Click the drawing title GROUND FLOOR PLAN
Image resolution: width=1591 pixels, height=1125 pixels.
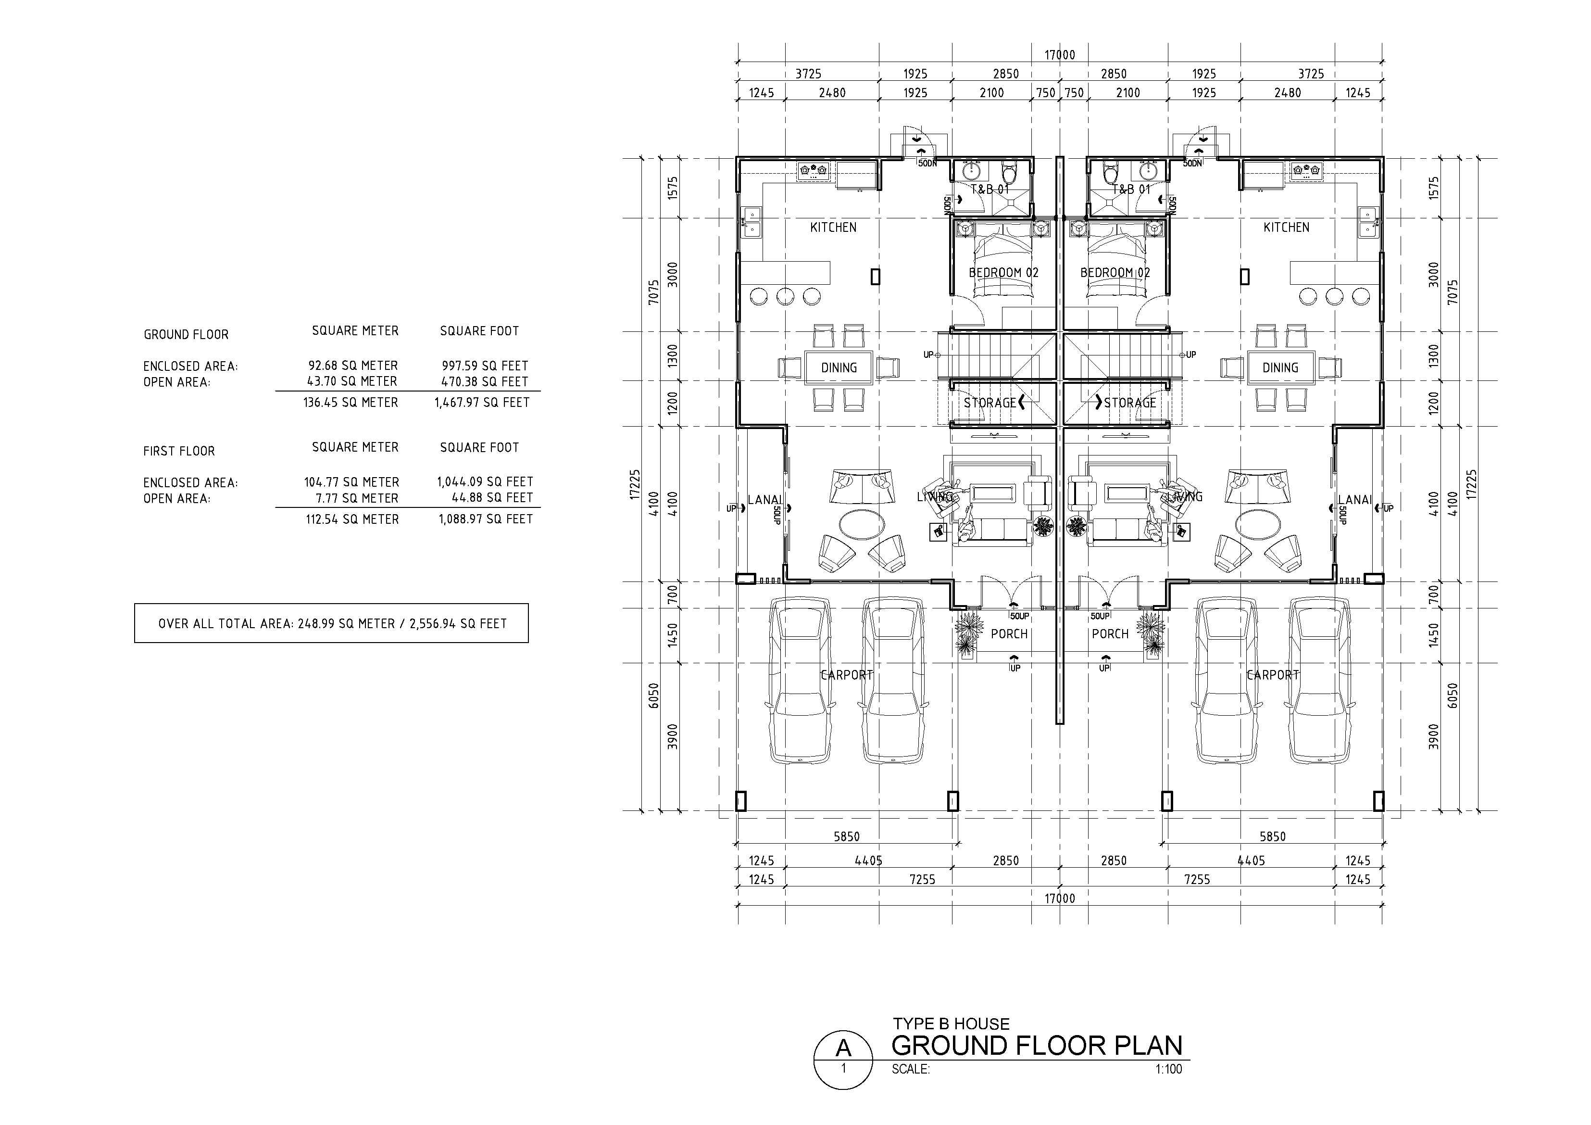1037,1045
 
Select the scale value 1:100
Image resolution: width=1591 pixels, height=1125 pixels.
1168,1069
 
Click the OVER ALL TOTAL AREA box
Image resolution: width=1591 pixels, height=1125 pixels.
331,623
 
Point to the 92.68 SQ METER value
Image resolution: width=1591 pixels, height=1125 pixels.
353,365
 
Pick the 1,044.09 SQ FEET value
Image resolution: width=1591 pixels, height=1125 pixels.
485,482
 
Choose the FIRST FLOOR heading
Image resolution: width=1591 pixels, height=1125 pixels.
179,451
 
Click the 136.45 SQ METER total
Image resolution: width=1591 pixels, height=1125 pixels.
351,403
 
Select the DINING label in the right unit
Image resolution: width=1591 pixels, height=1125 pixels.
1280,368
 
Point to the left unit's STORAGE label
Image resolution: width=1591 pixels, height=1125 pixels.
990,403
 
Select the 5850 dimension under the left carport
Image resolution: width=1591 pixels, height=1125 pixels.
846,836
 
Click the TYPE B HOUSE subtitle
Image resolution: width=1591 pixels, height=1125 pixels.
951,1024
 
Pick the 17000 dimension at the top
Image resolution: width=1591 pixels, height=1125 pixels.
1060,55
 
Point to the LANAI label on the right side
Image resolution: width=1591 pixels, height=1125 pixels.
1354,500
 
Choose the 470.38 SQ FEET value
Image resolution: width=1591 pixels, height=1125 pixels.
484,381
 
